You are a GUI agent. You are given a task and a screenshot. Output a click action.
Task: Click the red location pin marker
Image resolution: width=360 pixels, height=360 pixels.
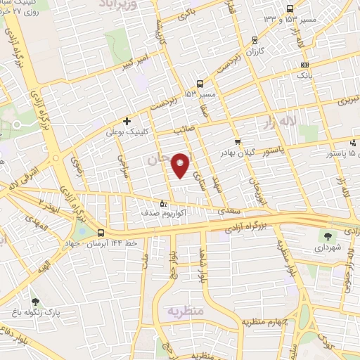click(181, 165)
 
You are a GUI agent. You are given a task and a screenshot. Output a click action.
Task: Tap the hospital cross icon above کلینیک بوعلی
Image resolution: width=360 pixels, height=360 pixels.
click(127, 121)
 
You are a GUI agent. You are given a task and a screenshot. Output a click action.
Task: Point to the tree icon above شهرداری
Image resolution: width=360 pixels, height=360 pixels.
click(328, 236)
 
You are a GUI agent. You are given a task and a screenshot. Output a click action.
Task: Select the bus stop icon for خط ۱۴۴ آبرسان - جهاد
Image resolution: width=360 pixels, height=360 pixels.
click(101, 231)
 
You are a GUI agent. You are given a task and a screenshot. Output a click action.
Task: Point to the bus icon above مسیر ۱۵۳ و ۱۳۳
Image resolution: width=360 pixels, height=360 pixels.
click(290, 8)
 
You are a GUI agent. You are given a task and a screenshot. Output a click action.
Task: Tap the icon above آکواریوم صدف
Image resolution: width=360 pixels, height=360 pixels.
click(164, 203)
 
